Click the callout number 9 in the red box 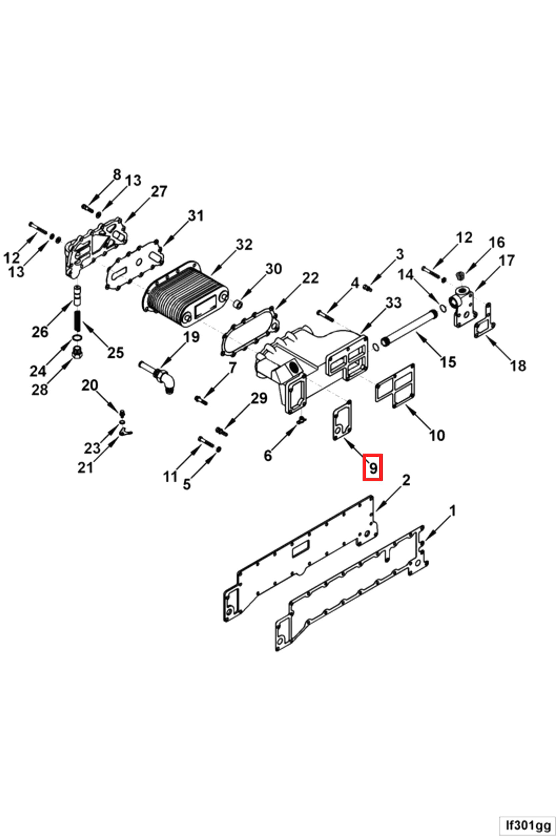coord(373,467)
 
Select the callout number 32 coord(244,245)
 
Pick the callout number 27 coord(159,192)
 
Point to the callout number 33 coord(394,303)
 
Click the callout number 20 coord(90,385)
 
